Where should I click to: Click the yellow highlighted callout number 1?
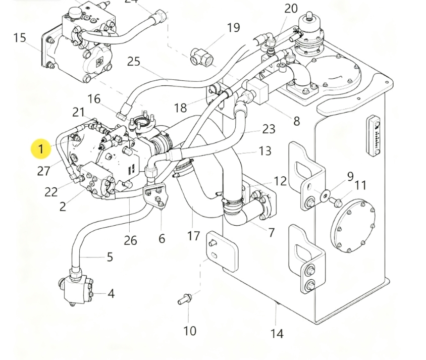click(x=40, y=149)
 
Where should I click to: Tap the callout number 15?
click(x=19, y=38)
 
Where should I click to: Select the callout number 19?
click(x=233, y=27)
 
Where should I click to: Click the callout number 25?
click(x=133, y=61)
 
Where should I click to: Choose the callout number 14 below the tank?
click(x=277, y=333)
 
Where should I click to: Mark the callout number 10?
click(x=189, y=331)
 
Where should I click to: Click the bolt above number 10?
click(x=184, y=300)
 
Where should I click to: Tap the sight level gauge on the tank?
click(x=374, y=136)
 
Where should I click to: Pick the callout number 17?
click(x=194, y=235)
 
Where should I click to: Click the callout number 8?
click(x=296, y=121)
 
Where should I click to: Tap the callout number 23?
click(x=269, y=129)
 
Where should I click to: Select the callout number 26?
click(x=130, y=240)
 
